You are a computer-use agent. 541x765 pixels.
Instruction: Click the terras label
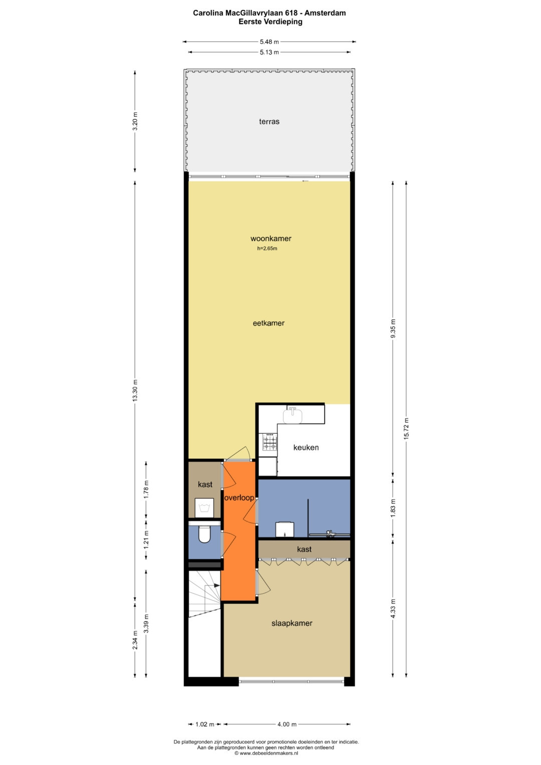pos(269,122)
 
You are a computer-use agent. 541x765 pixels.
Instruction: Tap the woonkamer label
pos(271,238)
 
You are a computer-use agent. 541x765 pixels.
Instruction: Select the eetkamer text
pos(268,323)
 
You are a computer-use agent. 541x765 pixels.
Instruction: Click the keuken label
pos(306,447)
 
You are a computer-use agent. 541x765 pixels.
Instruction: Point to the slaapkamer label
pos(292,623)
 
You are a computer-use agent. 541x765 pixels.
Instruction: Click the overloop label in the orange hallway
pos(239,498)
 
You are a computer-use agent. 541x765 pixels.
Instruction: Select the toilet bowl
pos(204,535)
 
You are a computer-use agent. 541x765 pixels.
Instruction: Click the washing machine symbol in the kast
pos(204,508)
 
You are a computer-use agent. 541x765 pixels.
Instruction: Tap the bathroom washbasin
pos(285,529)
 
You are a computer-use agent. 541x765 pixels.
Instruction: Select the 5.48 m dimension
pos(269,42)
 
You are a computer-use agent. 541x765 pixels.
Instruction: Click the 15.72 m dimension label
pos(406,429)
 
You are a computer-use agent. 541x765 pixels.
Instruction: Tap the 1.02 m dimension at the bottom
pos(204,724)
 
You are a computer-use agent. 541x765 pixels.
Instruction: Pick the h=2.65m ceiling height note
pos(267,248)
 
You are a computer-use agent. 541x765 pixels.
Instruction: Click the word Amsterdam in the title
pos(325,13)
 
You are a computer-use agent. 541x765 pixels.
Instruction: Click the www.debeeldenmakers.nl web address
pos(269,752)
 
